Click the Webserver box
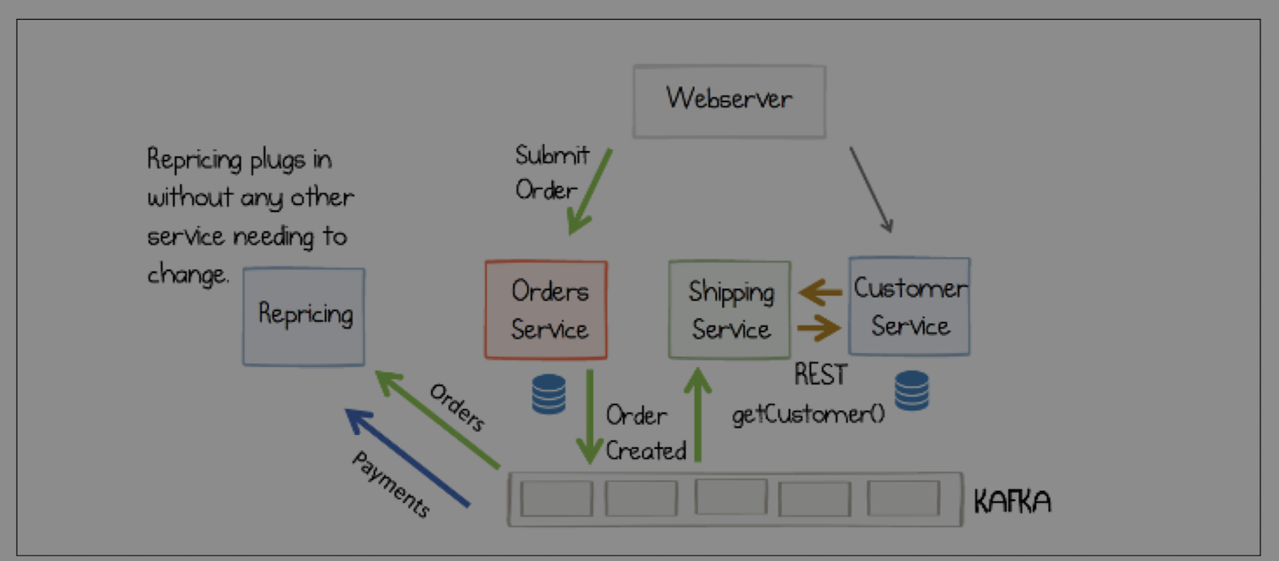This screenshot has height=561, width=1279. (729, 101)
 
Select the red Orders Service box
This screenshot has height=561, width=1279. (546, 310)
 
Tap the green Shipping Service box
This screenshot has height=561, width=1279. (729, 310)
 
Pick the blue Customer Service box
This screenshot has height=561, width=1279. (909, 306)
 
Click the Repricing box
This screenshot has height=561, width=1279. (304, 317)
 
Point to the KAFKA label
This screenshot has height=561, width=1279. (1012, 502)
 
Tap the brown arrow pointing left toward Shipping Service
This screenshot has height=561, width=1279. (821, 293)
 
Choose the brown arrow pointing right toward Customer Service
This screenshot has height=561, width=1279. (819, 327)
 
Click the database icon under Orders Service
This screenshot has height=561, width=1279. (549, 394)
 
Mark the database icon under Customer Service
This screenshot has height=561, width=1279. (911, 391)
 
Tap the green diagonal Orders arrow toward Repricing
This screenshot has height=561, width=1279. (437, 419)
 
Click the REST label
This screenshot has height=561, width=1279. (820, 374)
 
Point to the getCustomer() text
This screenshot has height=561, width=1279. (808, 414)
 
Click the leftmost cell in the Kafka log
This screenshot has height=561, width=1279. (556, 499)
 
